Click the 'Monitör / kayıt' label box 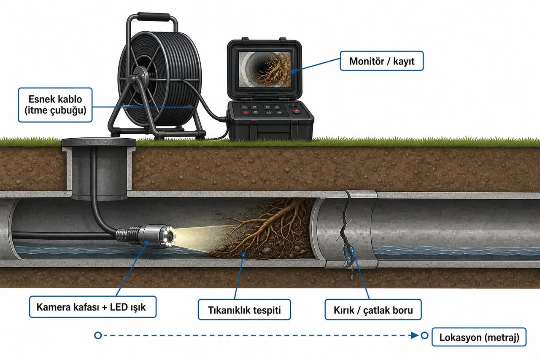(x=382, y=61)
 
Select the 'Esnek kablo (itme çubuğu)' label (x=55, y=105)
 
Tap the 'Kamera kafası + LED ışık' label (x=93, y=307)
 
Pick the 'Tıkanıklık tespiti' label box (x=244, y=310)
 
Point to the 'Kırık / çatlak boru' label (x=373, y=310)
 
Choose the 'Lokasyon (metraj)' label (x=479, y=337)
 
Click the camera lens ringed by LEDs (x=170, y=236)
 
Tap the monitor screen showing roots (x=265, y=70)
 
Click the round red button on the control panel (x=297, y=111)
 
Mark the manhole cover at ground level (x=99, y=142)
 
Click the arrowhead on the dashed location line (x=415, y=335)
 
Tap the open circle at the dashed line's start (x=98, y=335)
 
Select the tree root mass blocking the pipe (x=263, y=231)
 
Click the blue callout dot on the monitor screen (x=293, y=71)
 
